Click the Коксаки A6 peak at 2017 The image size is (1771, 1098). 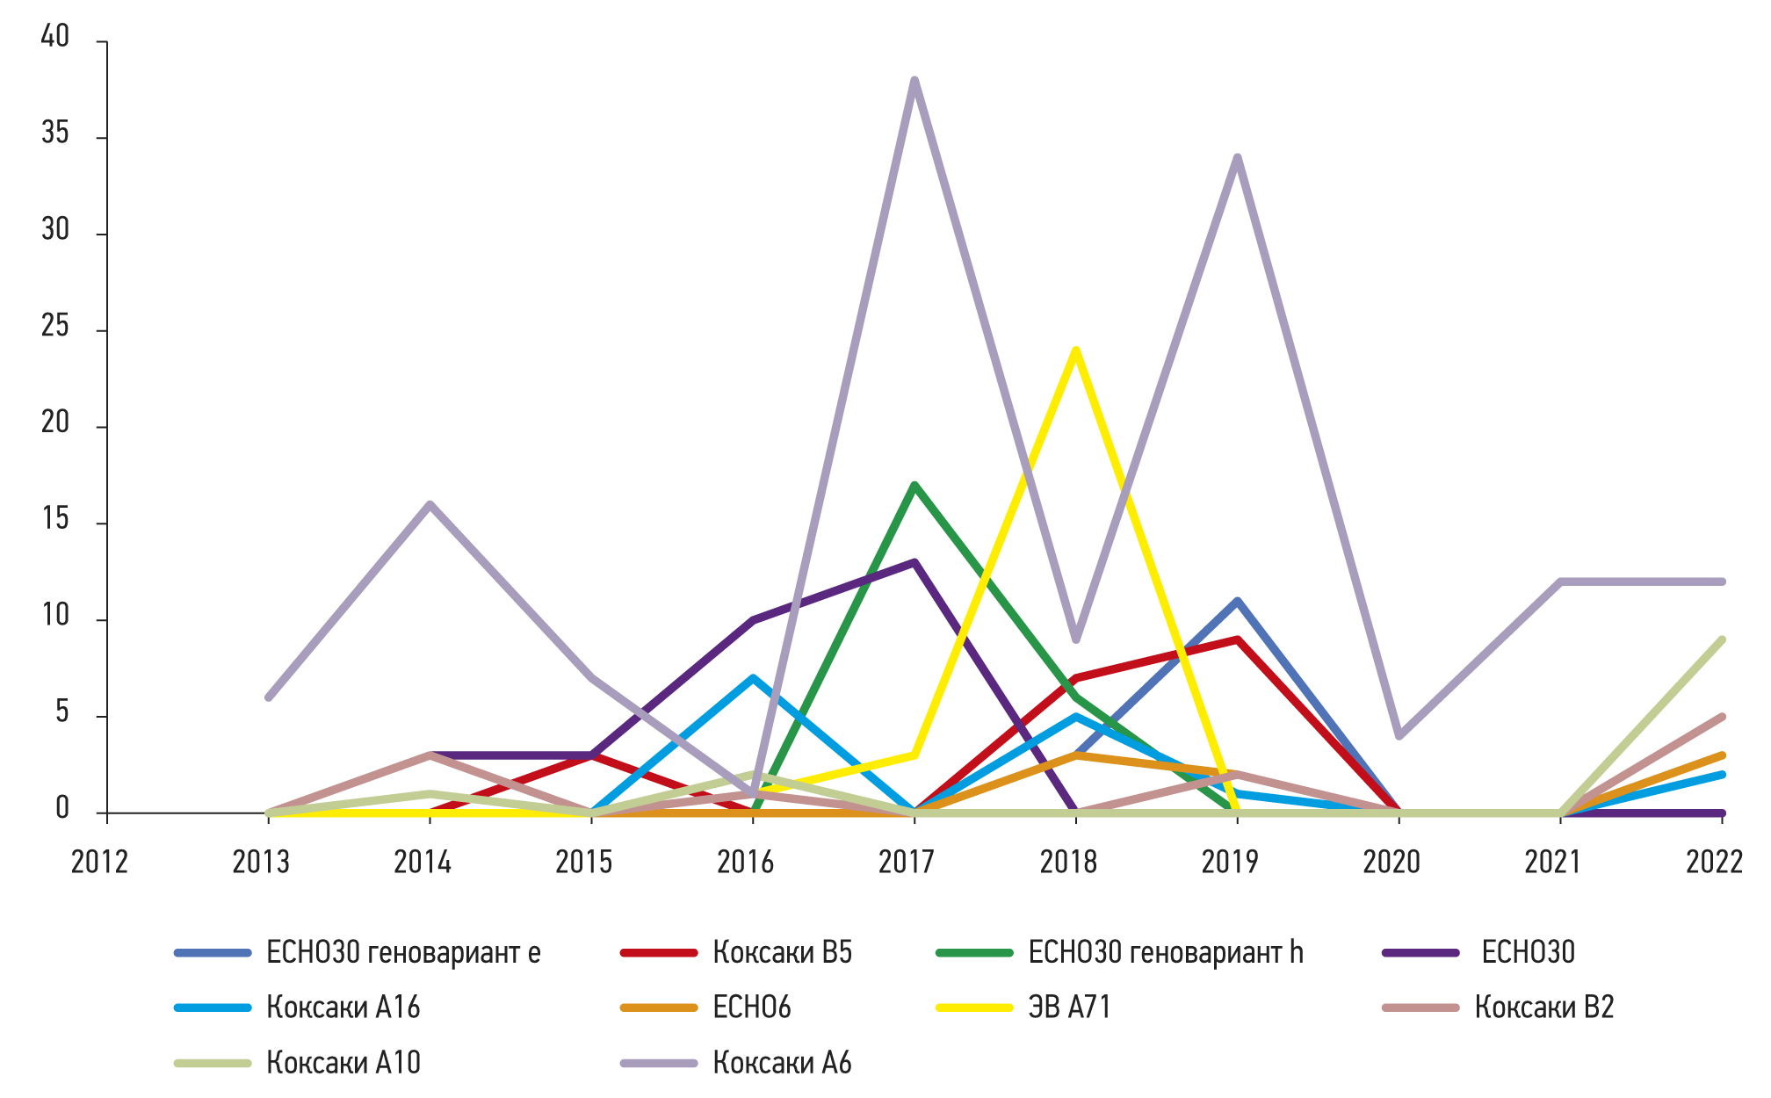914,81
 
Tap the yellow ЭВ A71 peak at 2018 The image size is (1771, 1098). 1075,350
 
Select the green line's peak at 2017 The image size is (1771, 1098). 914,485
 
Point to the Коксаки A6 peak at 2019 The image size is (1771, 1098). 1237,158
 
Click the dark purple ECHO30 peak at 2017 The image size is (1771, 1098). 914,562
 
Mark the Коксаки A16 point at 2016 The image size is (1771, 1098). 753,678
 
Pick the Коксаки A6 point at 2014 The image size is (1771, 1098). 430,504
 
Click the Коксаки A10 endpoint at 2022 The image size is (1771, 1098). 1722,639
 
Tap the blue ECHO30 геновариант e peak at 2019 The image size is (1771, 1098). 1237,601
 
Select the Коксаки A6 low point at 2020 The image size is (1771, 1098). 1399,736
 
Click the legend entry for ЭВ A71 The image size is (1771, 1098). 1069,1007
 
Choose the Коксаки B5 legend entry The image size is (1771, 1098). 782,952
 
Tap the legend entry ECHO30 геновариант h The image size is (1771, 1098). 1165,952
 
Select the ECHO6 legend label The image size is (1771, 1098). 751,1007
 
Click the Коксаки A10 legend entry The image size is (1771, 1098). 343,1063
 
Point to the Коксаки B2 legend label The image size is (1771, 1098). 1543,1007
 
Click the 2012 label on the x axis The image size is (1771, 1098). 99,863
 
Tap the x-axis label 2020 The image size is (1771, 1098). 1391,863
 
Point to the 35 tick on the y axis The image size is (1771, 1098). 55,134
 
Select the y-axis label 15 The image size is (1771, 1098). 55,519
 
